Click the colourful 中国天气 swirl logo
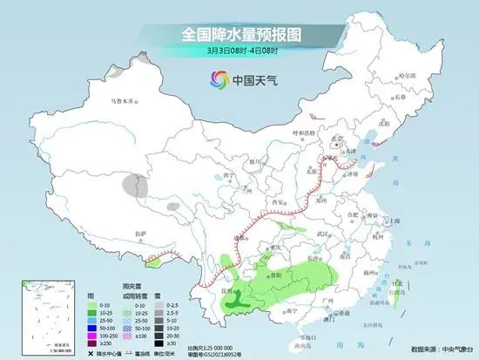coord(219,81)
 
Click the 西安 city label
coord(280,201)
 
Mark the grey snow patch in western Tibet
coord(132,185)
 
